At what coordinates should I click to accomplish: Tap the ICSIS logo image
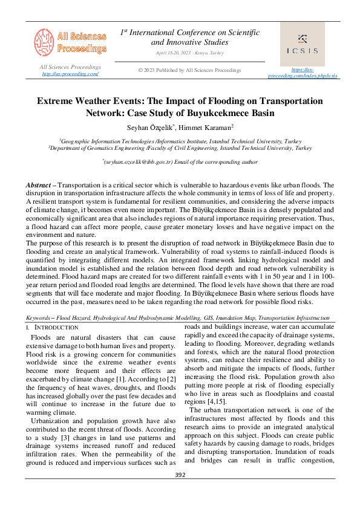pos(303,44)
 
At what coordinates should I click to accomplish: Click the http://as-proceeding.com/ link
pos(70,74)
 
